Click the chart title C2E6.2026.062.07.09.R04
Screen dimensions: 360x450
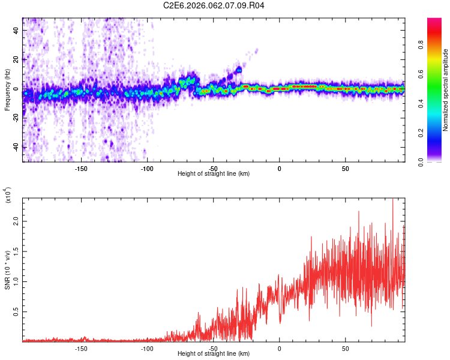click(214, 5)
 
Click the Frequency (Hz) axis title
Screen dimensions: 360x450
click(7, 90)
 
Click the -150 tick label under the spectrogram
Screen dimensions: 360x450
click(82, 168)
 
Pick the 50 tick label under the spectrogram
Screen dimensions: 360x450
click(346, 168)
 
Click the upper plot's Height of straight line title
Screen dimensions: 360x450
click(214, 174)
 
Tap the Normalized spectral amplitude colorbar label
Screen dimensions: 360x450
click(446, 90)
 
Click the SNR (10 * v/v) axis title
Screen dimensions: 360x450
click(7, 269)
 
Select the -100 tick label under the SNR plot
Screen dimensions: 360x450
click(148, 348)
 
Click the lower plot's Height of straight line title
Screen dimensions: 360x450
click(214, 354)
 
